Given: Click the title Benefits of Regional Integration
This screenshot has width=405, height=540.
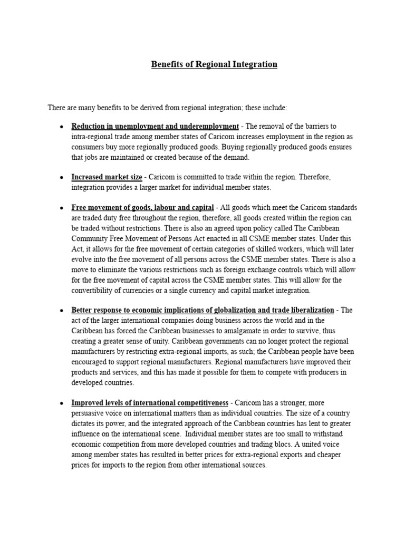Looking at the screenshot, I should click(x=214, y=64).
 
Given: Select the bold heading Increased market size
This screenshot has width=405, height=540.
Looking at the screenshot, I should click(x=107, y=177).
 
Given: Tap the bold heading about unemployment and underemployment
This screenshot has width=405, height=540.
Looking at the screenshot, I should click(x=155, y=126).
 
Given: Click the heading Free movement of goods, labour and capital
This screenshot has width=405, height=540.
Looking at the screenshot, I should click(x=142, y=207).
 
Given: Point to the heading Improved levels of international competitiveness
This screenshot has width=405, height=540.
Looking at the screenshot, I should click(x=150, y=402).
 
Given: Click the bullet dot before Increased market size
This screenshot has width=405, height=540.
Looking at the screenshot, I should click(x=62, y=177).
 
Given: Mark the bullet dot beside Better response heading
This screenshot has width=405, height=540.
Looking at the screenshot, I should click(x=62, y=310).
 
